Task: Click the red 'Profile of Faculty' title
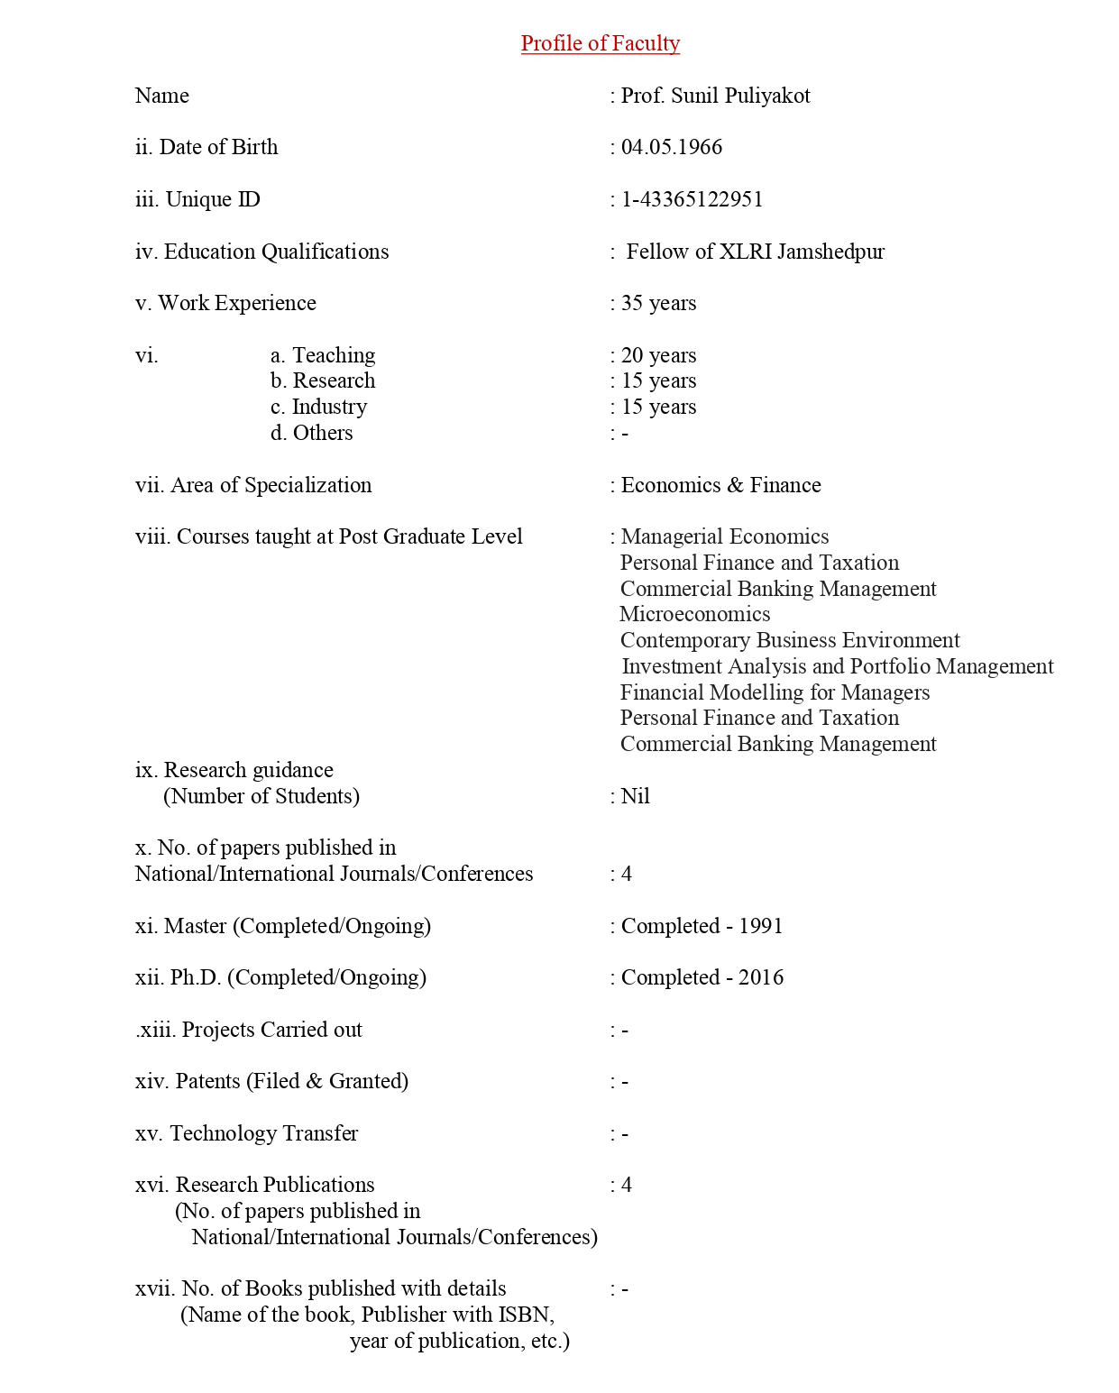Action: click(x=600, y=43)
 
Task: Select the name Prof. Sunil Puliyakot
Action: click(x=715, y=96)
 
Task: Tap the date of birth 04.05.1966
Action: click(x=671, y=147)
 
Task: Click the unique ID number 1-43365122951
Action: click(x=692, y=199)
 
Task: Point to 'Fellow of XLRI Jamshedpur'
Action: click(x=755, y=252)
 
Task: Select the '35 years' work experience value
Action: click(x=658, y=303)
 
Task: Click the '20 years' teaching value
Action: click(x=658, y=355)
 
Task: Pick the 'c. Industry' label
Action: click(x=318, y=407)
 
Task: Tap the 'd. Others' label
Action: click(x=311, y=433)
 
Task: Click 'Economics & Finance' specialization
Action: click(x=720, y=485)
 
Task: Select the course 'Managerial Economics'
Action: click(x=724, y=536)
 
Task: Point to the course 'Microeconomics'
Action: click(x=694, y=614)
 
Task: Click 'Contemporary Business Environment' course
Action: click(x=790, y=640)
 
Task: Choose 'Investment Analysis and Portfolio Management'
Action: click(x=837, y=666)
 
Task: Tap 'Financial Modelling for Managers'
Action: click(x=775, y=692)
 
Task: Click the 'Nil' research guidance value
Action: click(x=635, y=796)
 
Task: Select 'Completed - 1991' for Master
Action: click(x=702, y=926)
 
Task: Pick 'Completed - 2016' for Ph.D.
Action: click(x=702, y=977)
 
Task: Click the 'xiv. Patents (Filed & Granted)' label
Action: click(x=271, y=1081)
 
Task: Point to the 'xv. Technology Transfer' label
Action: click(x=246, y=1133)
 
